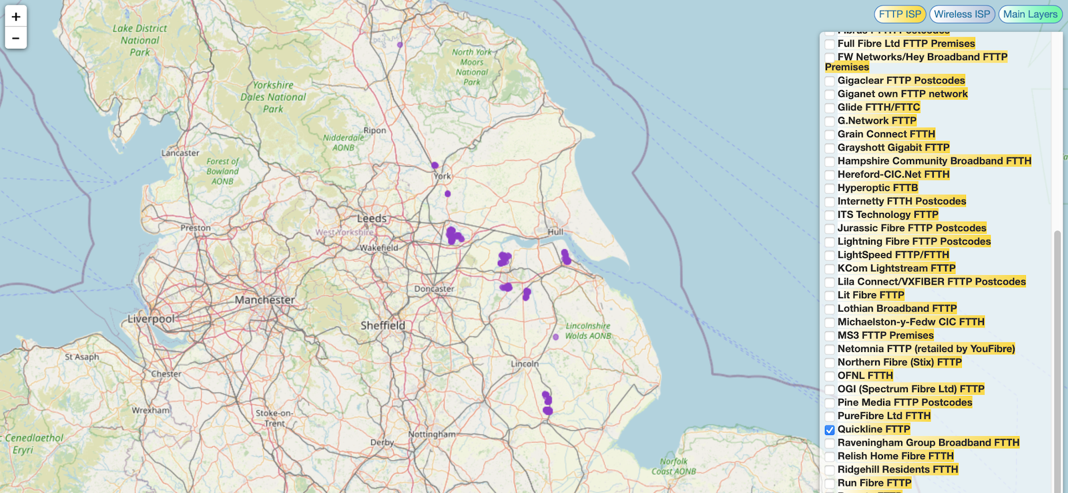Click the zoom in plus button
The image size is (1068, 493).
16,17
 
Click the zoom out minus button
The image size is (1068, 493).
16,38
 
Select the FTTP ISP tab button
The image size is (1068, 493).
900,14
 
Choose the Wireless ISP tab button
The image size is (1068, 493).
962,14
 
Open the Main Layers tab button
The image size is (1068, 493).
1030,14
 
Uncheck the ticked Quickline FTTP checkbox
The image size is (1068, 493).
830,430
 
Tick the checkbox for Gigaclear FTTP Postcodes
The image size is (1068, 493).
830,81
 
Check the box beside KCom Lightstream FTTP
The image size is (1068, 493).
830,269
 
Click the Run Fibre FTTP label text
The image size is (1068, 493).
874,483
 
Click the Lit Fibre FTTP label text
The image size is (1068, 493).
870,295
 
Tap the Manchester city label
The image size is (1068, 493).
264,300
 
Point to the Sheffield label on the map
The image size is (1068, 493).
382,325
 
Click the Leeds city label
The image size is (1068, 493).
372,218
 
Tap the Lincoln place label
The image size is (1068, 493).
525,364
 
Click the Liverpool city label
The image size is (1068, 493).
151,319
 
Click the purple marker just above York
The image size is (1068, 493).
435,165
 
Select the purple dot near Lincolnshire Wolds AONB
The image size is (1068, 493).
555,337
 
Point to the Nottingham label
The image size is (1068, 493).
432,434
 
